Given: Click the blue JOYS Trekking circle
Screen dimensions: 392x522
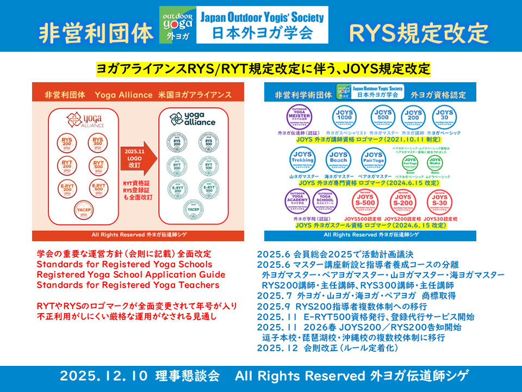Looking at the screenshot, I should pyautogui.click(x=302, y=161).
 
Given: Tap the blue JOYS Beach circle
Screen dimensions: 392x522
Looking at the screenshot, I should pyautogui.click(x=338, y=161).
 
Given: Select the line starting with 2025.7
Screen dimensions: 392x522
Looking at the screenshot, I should pyautogui.click(x=356, y=295).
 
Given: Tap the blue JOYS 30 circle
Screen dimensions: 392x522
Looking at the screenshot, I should pyautogui.click(x=443, y=117).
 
